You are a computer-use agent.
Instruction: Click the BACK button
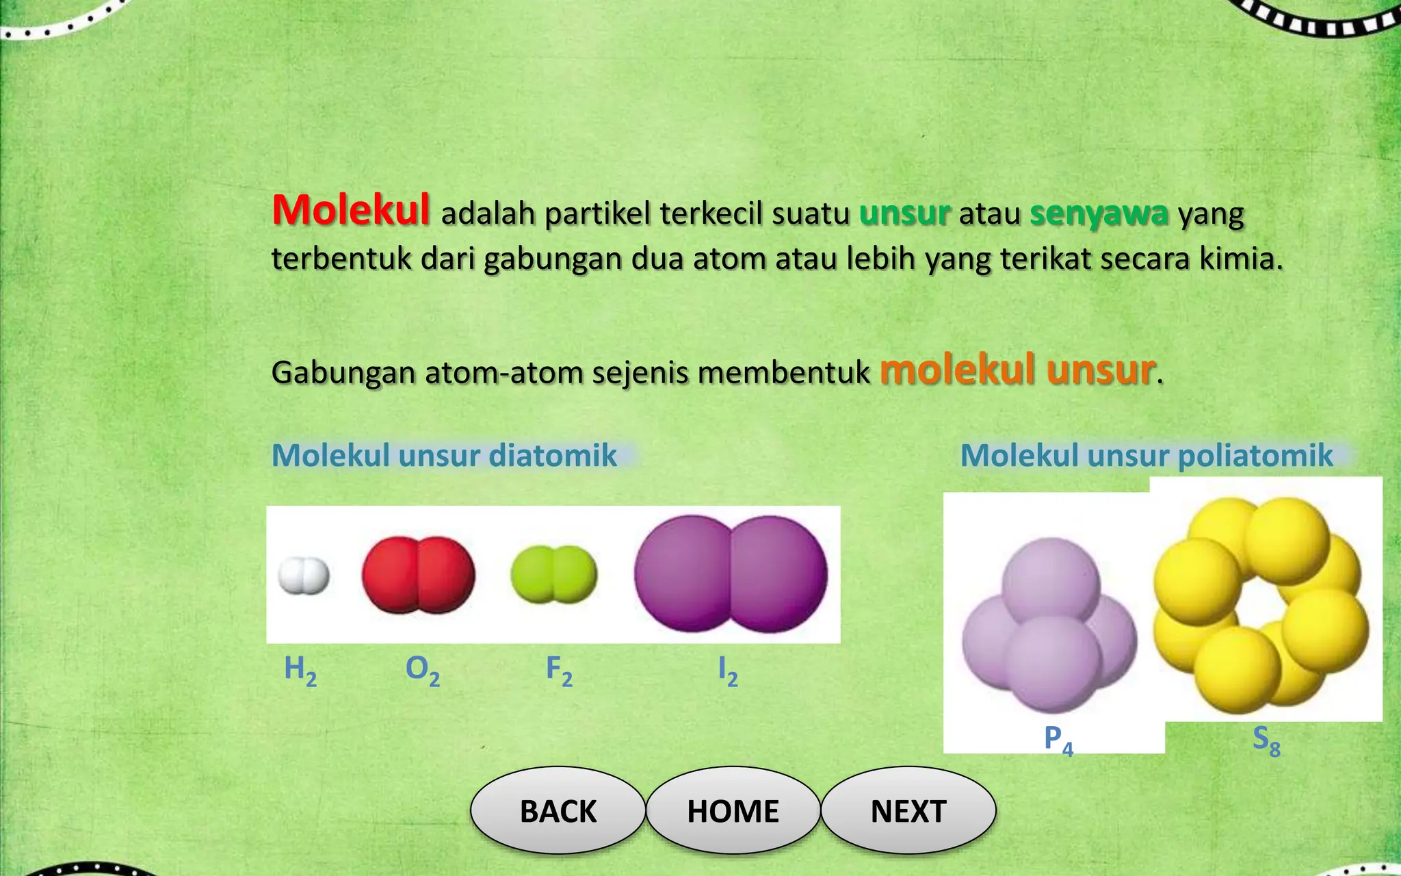coord(558,811)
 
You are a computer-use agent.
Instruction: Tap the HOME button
coord(733,811)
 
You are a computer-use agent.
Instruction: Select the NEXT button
coord(908,811)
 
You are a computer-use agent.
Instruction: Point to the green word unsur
coord(904,214)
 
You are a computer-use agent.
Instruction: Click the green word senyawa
coord(1099,214)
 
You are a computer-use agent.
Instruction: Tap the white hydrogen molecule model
coord(304,576)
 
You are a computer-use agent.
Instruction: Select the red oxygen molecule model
coord(418,575)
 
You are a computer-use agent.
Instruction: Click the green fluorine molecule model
coord(554,575)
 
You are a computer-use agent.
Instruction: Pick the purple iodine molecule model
coord(731,574)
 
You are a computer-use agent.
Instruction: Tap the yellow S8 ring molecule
coord(1261,602)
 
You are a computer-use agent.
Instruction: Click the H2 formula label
coord(300,669)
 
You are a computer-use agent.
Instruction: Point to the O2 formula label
coord(422,669)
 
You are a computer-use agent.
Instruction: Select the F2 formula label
coord(559,669)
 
